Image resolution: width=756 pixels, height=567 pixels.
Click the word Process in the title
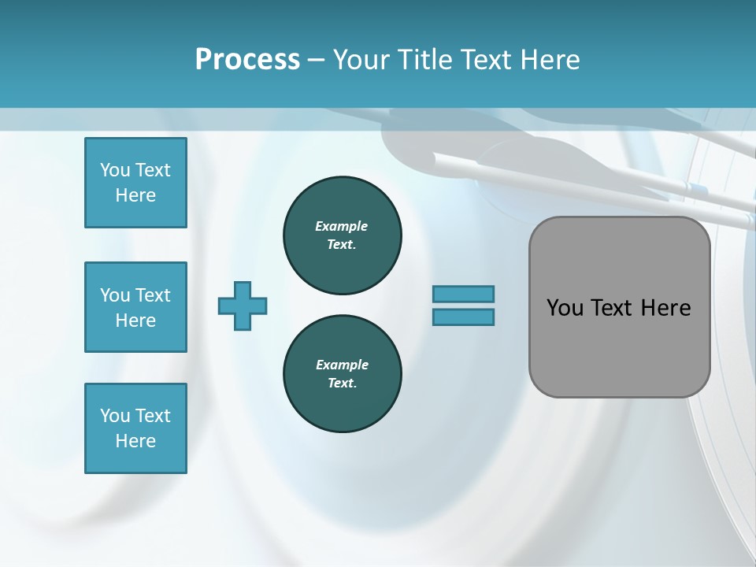pos(247,60)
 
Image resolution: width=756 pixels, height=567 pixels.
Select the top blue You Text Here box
pos(135,183)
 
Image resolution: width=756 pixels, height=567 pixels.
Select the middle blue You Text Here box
pos(135,307)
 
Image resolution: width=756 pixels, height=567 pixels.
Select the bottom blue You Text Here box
pos(135,428)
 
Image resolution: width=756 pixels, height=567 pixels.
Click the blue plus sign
pos(243,306)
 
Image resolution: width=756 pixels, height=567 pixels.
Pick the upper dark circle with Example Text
pos(342,235)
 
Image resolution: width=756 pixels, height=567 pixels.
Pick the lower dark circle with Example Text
pos(342,374)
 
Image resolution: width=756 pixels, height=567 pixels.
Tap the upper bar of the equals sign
pos(463,294)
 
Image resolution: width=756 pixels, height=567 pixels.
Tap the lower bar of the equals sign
pos(463,317)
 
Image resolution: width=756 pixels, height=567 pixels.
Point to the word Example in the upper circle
pos(342,226)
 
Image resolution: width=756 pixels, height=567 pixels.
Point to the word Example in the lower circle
pos(342,365)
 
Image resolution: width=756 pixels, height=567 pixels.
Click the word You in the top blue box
pos(114,170)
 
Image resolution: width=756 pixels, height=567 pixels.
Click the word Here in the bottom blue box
pos(135,441)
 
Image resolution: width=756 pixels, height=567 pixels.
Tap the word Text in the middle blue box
pos(153,295)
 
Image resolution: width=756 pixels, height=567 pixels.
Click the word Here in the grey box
pos(665,308)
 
